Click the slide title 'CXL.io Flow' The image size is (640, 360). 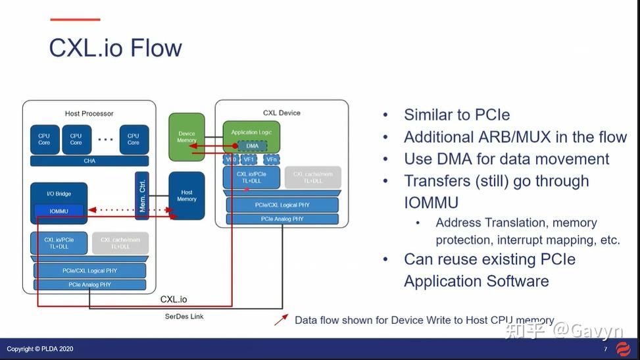coord(115,48)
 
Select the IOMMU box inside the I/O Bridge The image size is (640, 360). coord(59,211)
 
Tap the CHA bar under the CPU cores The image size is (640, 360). coord(89,161)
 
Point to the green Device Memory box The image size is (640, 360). coord(187,137)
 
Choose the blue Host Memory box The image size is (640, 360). coord(187,195)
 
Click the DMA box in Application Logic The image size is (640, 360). coord(252,146)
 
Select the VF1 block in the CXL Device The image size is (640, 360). coord(249,159)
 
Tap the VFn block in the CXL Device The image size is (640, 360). coord(271,159)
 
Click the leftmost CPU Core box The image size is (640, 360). coord(44,139)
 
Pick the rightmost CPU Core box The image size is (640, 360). coord(134,139)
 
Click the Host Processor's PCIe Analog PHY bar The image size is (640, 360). coord(89,285)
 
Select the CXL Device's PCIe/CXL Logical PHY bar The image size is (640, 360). coord(282,205)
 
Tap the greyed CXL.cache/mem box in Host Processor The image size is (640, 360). coord(120,243)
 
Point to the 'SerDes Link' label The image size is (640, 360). coord(184,317)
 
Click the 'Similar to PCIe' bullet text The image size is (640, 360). coord(456,115)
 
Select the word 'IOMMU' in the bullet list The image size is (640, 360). coord(431,202)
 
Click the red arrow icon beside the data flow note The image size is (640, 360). coord(281,320)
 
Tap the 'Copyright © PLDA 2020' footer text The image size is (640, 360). coord(39,349)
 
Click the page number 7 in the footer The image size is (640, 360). coord(605,349)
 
